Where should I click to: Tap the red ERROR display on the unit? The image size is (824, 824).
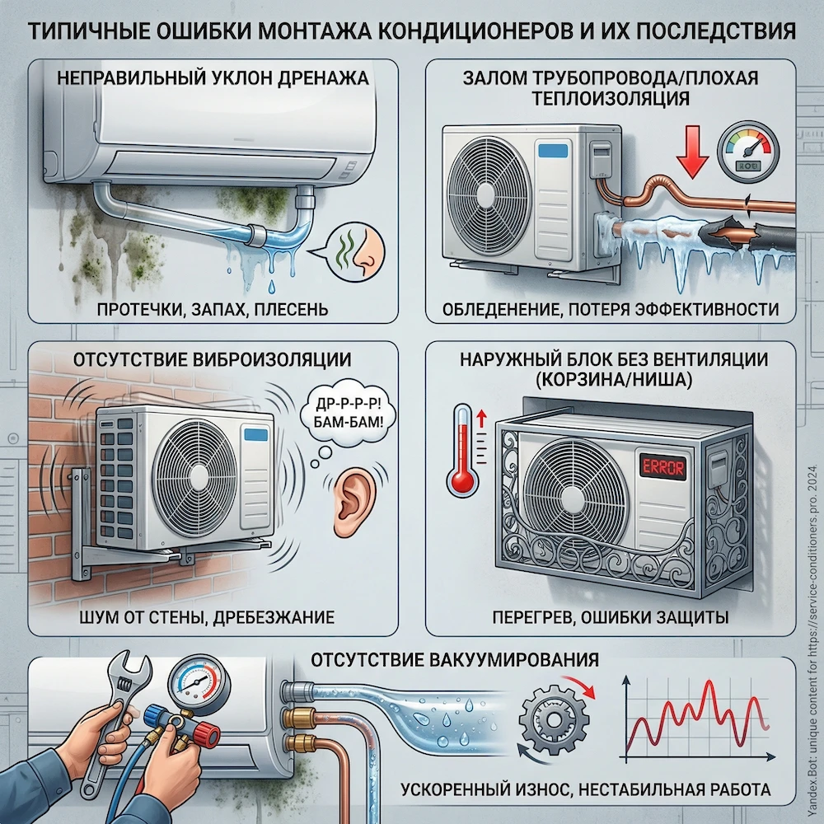pyautogui.click(x=661, y=466)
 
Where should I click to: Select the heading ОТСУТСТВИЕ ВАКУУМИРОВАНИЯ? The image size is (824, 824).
pyautogui.click(x=454, y=660)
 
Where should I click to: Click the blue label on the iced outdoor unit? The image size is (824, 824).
pyautogui.click(x=553, y=151)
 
